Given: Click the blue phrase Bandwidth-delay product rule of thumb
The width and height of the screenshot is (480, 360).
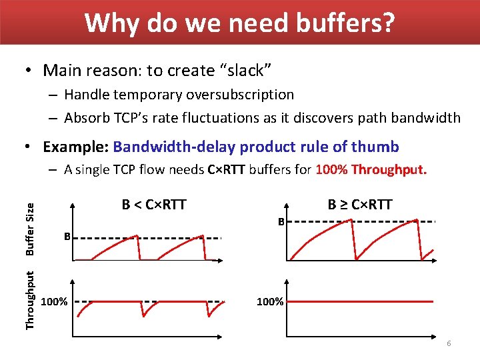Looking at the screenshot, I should tap(256, 147).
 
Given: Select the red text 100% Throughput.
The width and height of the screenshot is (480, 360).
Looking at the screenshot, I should tap(371, 169).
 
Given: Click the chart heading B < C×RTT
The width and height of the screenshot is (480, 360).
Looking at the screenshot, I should tap(153, 204).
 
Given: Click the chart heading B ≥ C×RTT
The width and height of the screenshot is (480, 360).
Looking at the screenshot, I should tap(360, 204).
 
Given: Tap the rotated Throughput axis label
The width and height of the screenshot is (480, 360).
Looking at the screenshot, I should tap(30, 298).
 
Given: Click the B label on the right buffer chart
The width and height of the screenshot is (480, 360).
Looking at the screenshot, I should tap(281, 221).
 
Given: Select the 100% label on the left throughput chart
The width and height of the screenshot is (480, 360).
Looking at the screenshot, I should tap(54, 302).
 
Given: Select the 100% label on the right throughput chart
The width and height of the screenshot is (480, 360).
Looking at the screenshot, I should tap(270, 302).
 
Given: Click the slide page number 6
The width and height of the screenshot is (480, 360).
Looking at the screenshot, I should tap(449, 343).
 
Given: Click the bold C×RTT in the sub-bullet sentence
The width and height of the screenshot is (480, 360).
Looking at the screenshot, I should tap(229, 169).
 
